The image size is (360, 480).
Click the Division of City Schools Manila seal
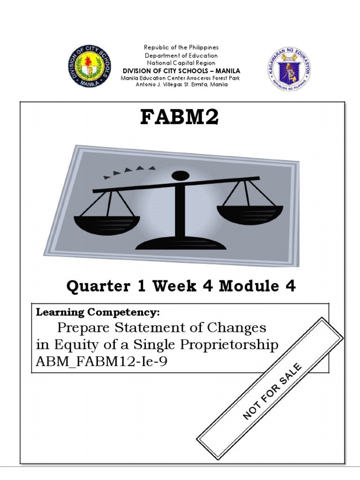click(89, 67)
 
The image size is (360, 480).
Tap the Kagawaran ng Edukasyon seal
click(290, 67)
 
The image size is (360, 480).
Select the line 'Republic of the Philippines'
click(181, 48)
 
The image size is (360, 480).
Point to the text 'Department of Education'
click(181, 55)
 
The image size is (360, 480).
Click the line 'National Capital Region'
click(181, 63)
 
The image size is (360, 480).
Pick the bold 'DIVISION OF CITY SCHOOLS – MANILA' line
click(181, 71)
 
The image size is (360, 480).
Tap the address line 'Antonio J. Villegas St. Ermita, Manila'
click(181, 85)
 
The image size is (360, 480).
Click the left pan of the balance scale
click(104, 224)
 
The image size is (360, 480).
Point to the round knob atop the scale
click(180, 176)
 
